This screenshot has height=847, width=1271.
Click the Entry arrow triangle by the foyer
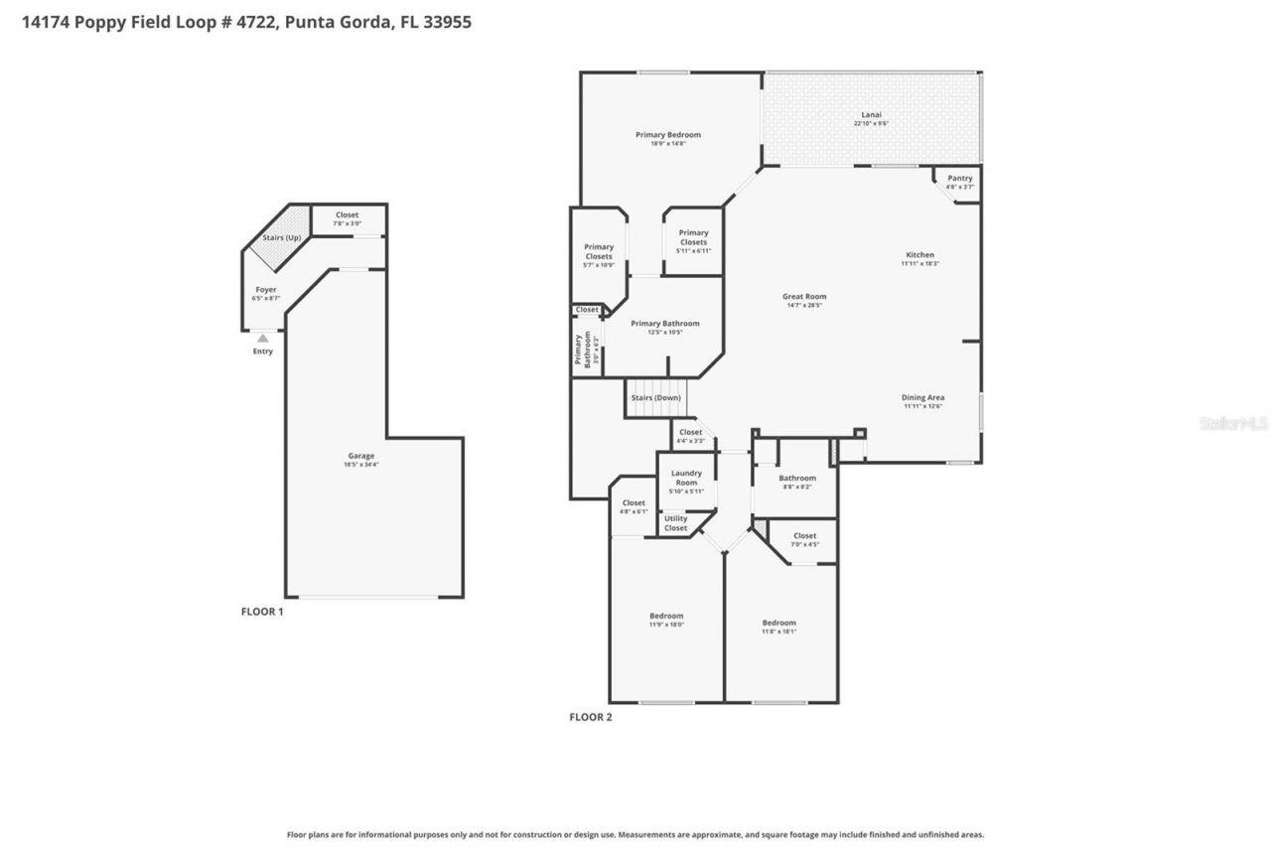[x=262, y=339]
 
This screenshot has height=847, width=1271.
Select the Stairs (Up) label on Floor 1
[x=281, y=238]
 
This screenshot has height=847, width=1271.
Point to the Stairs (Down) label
[x=656, y=398]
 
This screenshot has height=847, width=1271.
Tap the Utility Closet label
[x=675, y=522]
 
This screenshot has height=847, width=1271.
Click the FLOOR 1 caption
[x=262, y=612]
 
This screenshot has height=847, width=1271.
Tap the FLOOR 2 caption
[x=590, y=717]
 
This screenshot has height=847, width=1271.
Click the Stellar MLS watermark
[x=1233, y=423]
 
